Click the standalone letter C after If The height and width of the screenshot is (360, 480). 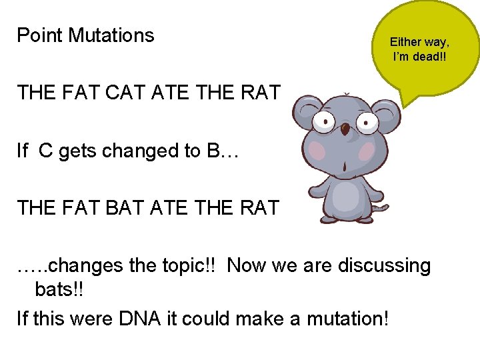pos(46,151)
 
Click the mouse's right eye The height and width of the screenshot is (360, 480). pos(367,123)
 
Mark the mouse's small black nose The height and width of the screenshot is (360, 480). pos(345,127)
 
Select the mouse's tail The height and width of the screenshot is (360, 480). pos(381,209)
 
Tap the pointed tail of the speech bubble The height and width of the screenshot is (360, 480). pos(407,100)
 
